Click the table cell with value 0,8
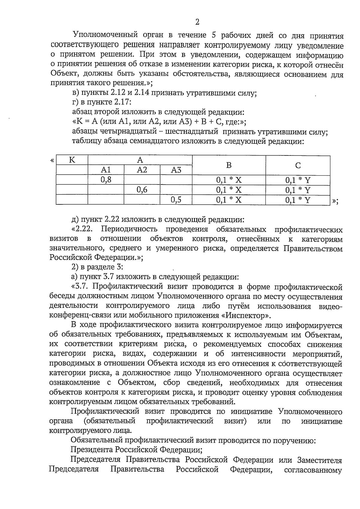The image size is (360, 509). (x=106, y=180)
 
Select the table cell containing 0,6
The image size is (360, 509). (x=142, y=190)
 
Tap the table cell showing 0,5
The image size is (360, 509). (x=176, y=200)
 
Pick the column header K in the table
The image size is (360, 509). (x=72, y=160)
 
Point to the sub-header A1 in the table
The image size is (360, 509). (x=106, y=170)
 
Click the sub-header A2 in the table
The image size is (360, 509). (x=142, y=170)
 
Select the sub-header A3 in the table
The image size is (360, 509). (x=176, y=170)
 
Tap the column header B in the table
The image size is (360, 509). (x=229, y=165)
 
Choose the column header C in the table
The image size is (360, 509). (x=298, y=165)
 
